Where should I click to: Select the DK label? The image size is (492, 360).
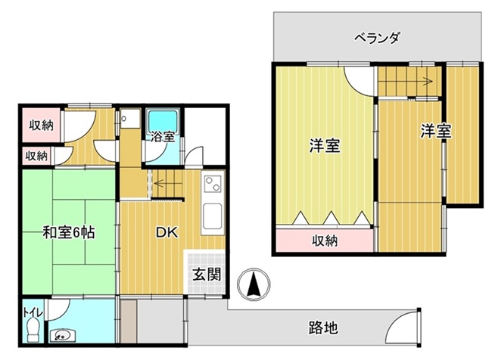tap(167, 233)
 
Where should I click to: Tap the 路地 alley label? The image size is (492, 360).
tap(324, 327)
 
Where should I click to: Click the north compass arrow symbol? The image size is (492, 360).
tap(254, 285)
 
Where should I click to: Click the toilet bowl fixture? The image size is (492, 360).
tap(33, 330)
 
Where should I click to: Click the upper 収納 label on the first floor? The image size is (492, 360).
tap(41, 126)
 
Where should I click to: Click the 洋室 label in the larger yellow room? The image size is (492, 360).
tap(324, 146)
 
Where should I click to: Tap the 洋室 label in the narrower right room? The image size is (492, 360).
tap(436, 132)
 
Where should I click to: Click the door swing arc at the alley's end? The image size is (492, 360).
tap(401, 327)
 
